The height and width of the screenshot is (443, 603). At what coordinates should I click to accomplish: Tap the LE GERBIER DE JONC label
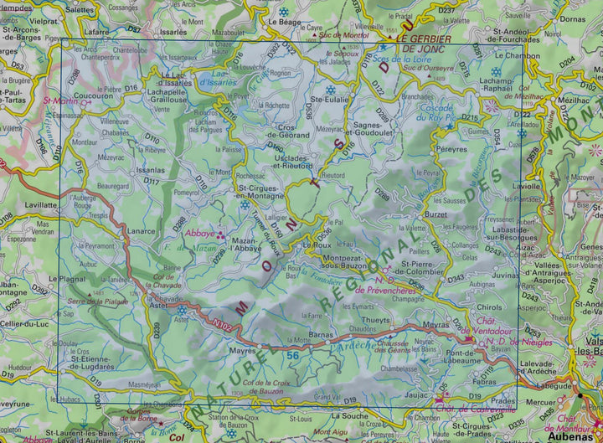tap(424, 44)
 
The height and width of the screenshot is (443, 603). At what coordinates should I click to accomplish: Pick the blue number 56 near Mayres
tap(292, 356)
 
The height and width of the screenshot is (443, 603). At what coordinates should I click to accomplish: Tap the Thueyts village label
tap(375, 320)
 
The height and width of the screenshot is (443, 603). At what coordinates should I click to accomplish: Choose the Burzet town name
tap(436, 214)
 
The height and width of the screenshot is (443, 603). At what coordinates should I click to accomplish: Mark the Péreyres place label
tap(451, 147)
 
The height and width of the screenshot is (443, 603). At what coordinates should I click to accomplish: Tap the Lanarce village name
tap(142, 231)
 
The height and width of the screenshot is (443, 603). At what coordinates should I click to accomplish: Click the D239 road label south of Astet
tap(157, 329)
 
